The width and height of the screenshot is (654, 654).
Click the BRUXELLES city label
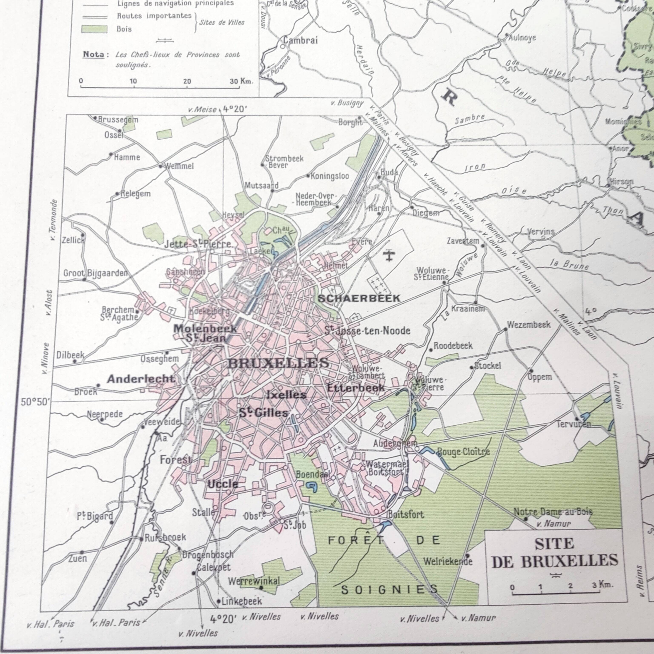(x=278, y=363)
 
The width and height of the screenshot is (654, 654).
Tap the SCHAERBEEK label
(x=359, y=298)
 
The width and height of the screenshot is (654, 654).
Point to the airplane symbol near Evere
(x=390, y=255)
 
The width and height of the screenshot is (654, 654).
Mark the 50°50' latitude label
(x=35, y=402)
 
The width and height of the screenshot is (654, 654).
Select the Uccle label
(x=222, y=484)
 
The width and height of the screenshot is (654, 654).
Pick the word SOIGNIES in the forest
(x=389, y=590)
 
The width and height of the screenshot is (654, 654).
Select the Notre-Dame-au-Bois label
(x=553, y=512)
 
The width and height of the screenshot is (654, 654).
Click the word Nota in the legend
(x=93, y=54)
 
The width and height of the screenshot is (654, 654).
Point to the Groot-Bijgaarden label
(x=96, y=273)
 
